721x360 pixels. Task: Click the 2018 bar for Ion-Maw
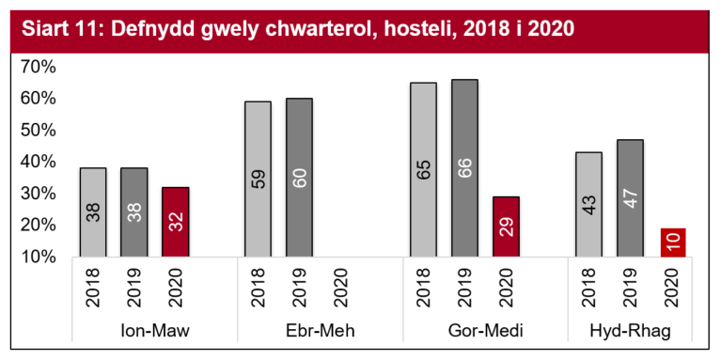coord(93,211)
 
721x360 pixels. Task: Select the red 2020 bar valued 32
coord(176,221)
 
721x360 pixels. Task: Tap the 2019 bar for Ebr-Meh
coord(300,177)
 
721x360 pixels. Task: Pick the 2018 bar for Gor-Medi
coord(423,169)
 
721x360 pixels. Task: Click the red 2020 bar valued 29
coord(506,226)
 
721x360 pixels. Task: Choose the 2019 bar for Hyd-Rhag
coord(630,197)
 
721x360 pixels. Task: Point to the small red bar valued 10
coord(672,242)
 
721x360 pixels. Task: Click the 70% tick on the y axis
coord(39,67)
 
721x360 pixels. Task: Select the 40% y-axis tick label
coord(39,162)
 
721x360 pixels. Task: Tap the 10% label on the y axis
coord(39,257)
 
